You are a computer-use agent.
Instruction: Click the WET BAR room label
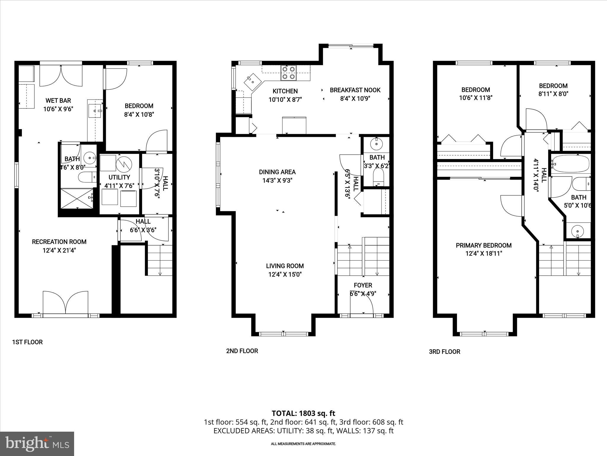(x=58, y=101)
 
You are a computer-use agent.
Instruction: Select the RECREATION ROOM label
(x=59, y=242)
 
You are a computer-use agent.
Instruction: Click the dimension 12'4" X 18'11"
(x=483, y=254)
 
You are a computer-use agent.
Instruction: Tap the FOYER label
(x=363, y=285)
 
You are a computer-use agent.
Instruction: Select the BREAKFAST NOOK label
(x=355, y=90)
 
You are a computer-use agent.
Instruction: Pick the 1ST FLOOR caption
(x=27, y=342)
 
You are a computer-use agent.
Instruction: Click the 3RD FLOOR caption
(x=444, y=352)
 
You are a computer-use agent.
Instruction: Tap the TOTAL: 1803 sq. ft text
(x=303, y=413)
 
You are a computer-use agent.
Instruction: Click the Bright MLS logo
(x=37, y=444)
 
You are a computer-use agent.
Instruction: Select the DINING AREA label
(x=277, y=172)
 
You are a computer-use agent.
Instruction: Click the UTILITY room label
(x=119, y=177)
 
